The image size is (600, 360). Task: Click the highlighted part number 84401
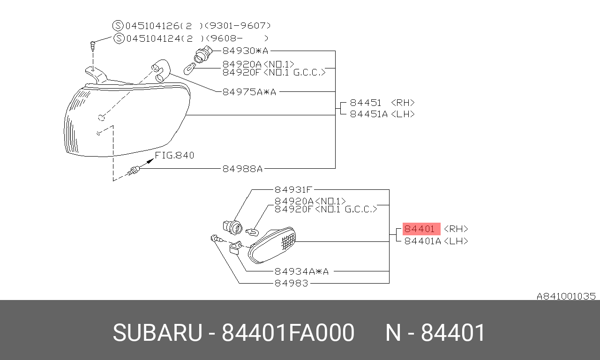(x=420, y=229)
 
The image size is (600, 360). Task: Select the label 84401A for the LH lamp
(x=422, y=241)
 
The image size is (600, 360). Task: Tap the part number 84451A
(x=369, y=114)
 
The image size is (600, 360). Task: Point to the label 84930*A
(x=245, y=51)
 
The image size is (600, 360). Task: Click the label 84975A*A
(x=249, y=92)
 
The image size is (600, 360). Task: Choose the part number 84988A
(x=242, y=169)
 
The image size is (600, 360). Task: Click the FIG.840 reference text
(x=174, y=155)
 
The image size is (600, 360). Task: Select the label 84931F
(x=293, y=190)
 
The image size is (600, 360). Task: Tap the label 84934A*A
(x=301, y=271)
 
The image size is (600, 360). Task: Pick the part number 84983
(x=292, y=283)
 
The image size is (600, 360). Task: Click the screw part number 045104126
(x=152, y=26)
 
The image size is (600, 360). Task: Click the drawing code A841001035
(x=566, y=296)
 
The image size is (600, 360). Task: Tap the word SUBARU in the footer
(x=157, y=333)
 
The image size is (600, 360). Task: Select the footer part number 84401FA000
(x=288, y=333)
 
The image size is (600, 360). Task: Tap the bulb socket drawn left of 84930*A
(x=203, y=54)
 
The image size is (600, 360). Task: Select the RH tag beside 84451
(x=403, y=103)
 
